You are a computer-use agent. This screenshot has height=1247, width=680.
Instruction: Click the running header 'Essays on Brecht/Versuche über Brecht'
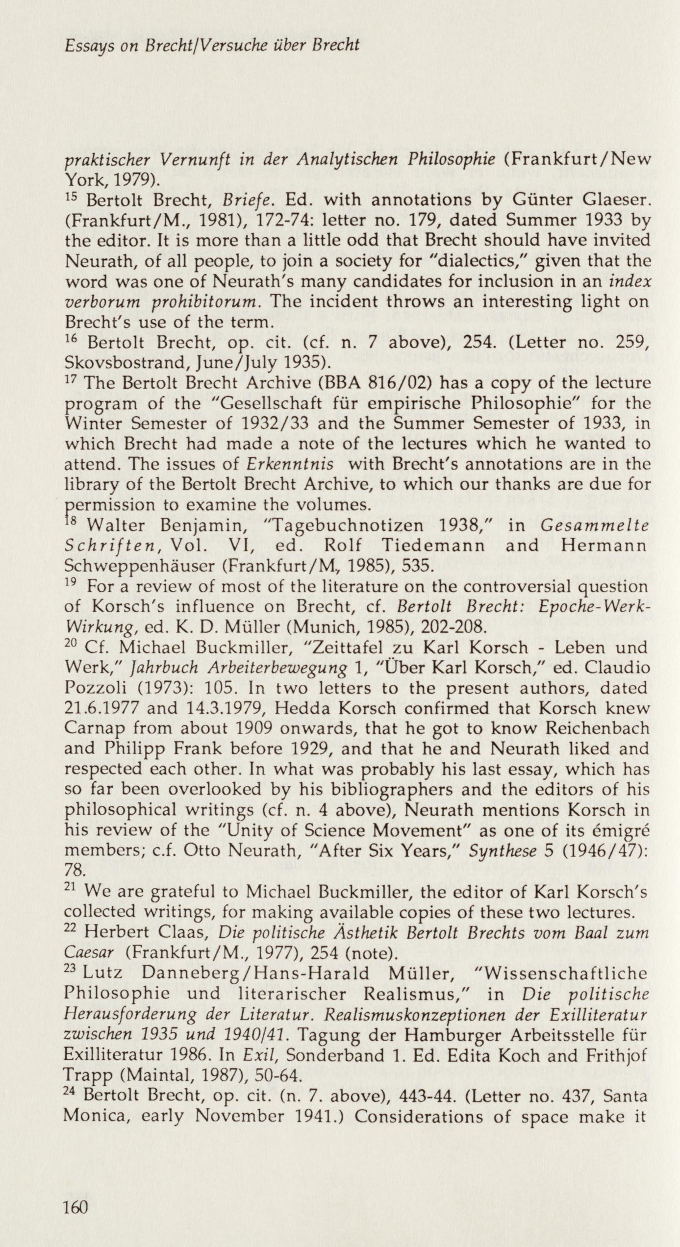pos(212,46)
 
